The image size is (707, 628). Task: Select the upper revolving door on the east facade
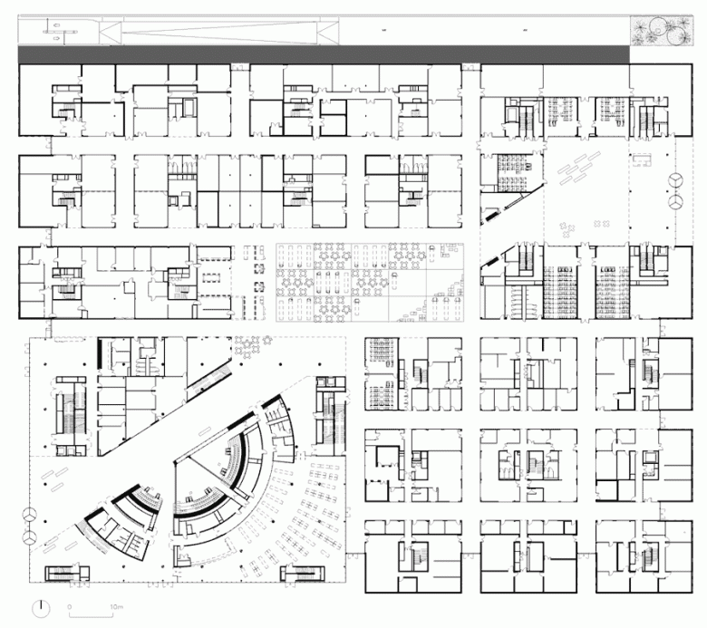(674, 179)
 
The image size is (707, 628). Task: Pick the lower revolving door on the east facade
(674, 204)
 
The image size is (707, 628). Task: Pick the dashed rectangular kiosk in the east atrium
(644, 159)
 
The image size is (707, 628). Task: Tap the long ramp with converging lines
(218, 33)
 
